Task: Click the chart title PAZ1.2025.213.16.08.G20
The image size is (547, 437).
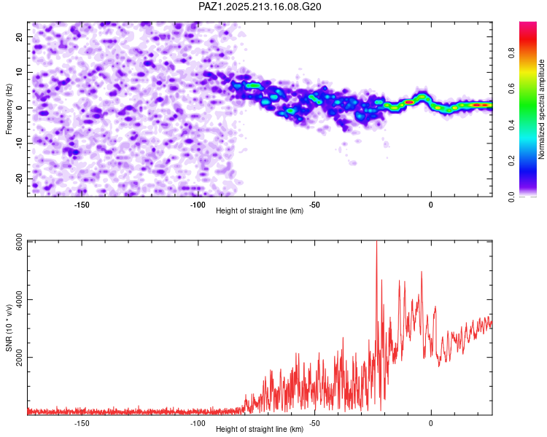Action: coord(260,7)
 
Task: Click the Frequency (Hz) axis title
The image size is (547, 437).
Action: coord(9,109)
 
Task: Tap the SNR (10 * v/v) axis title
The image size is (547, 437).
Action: coord(9,328)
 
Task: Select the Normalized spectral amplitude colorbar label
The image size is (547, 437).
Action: coord(541,109)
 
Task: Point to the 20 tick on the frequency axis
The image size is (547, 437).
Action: coord(20,36)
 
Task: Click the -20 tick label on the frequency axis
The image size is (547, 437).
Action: coord(20,179)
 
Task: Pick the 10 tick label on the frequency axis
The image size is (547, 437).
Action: coord(20,72)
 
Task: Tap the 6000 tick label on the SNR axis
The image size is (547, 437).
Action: coord(20,243)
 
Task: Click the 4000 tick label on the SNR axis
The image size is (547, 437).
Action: coord(20,299)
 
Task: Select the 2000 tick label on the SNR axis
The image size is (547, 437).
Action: coord(20,358)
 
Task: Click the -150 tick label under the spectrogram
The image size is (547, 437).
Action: coord(81,205)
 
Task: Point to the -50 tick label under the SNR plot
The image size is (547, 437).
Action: coord(314,423)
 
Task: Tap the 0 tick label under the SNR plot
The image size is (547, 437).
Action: coord(431,423)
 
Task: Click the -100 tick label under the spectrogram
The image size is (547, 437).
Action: coord(198,205)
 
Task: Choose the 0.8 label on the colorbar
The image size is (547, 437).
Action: coord(511,53)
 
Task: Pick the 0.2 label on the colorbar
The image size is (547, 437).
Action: coord(511,161)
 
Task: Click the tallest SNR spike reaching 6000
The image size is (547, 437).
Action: coord(376,242)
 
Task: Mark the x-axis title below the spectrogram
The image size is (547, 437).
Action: coord(260,210)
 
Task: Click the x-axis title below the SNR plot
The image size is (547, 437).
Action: coord(260,429)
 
